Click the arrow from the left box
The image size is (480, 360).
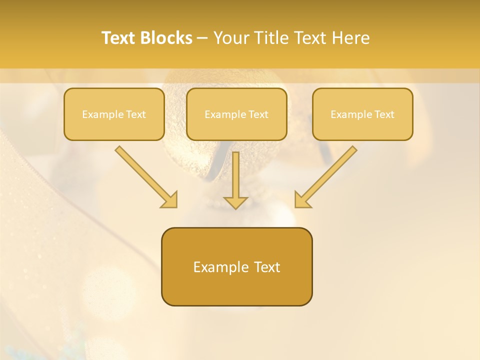(x=145, y=175)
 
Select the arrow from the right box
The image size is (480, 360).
(x=327, y=175)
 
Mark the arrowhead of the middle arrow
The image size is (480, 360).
(x=235, y=202)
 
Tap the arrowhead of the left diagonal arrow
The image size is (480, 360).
(x=170, y=200)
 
